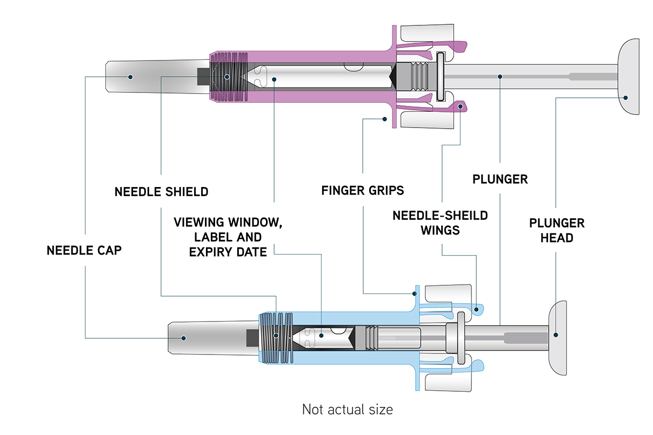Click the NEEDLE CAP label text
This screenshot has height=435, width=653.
(x=84, y=251)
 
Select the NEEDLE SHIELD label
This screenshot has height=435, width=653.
(x=161, y=192)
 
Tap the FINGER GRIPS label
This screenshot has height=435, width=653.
(x=362, y=191)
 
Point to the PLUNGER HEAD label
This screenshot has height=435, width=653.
(x=556, y=230)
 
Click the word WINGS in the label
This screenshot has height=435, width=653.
(x=441, y=230)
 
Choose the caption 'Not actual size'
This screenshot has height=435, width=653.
(x=347, y=409)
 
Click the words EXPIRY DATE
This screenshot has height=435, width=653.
(x=228, y=252)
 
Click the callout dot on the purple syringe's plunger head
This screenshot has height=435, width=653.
(x=625, y=98)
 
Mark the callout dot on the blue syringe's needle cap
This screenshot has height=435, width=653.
(x=184, y=338)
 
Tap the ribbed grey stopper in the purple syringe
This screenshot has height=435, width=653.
(x=416, y=76)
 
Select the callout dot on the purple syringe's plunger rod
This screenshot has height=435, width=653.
(x=501, y=77)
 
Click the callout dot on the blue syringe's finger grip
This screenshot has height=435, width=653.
(x=415, y=294)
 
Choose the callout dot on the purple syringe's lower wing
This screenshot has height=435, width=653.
(x=460, y=107)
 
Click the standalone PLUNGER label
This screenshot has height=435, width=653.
(x=500, y=179)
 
